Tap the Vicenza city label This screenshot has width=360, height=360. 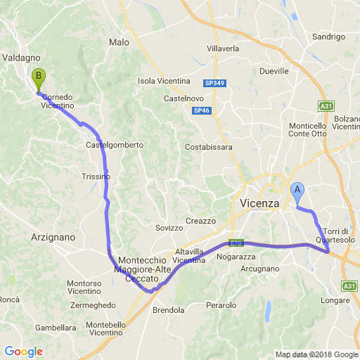click(x=255, y=203)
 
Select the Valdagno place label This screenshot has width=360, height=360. click(x=21, y=58)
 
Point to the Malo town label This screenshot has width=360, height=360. click(x=119, y=42)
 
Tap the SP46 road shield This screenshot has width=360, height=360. click(x=202, y=110)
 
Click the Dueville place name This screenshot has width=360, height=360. click(x=274, y=71)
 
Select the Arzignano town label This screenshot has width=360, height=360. click(x=53, y=238)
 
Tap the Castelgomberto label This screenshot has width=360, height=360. click(x=114, y=145)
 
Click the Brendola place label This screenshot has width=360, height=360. click(x=168, y=309)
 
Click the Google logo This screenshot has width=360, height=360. click(x=23, y=352)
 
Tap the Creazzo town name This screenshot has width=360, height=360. click(x=200, y=221)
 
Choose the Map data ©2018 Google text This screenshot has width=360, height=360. click(x=316, y=354)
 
